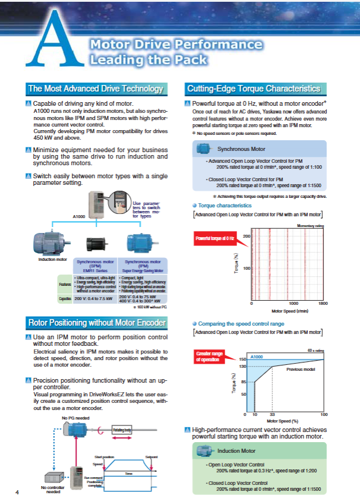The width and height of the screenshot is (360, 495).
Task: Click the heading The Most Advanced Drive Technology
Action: point(95,89)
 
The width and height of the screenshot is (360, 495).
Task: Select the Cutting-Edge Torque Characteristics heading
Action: point(254,89)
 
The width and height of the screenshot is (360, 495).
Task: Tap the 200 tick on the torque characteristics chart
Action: point(246,237)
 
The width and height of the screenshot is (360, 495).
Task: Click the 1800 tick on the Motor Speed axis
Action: point(323,303)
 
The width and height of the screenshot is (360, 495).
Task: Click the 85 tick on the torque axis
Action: point(244,382)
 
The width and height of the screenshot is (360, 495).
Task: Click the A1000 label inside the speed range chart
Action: point(257,357)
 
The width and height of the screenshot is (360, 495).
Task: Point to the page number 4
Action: point(17,491)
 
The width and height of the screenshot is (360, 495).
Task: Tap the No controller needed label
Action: point(53,490)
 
